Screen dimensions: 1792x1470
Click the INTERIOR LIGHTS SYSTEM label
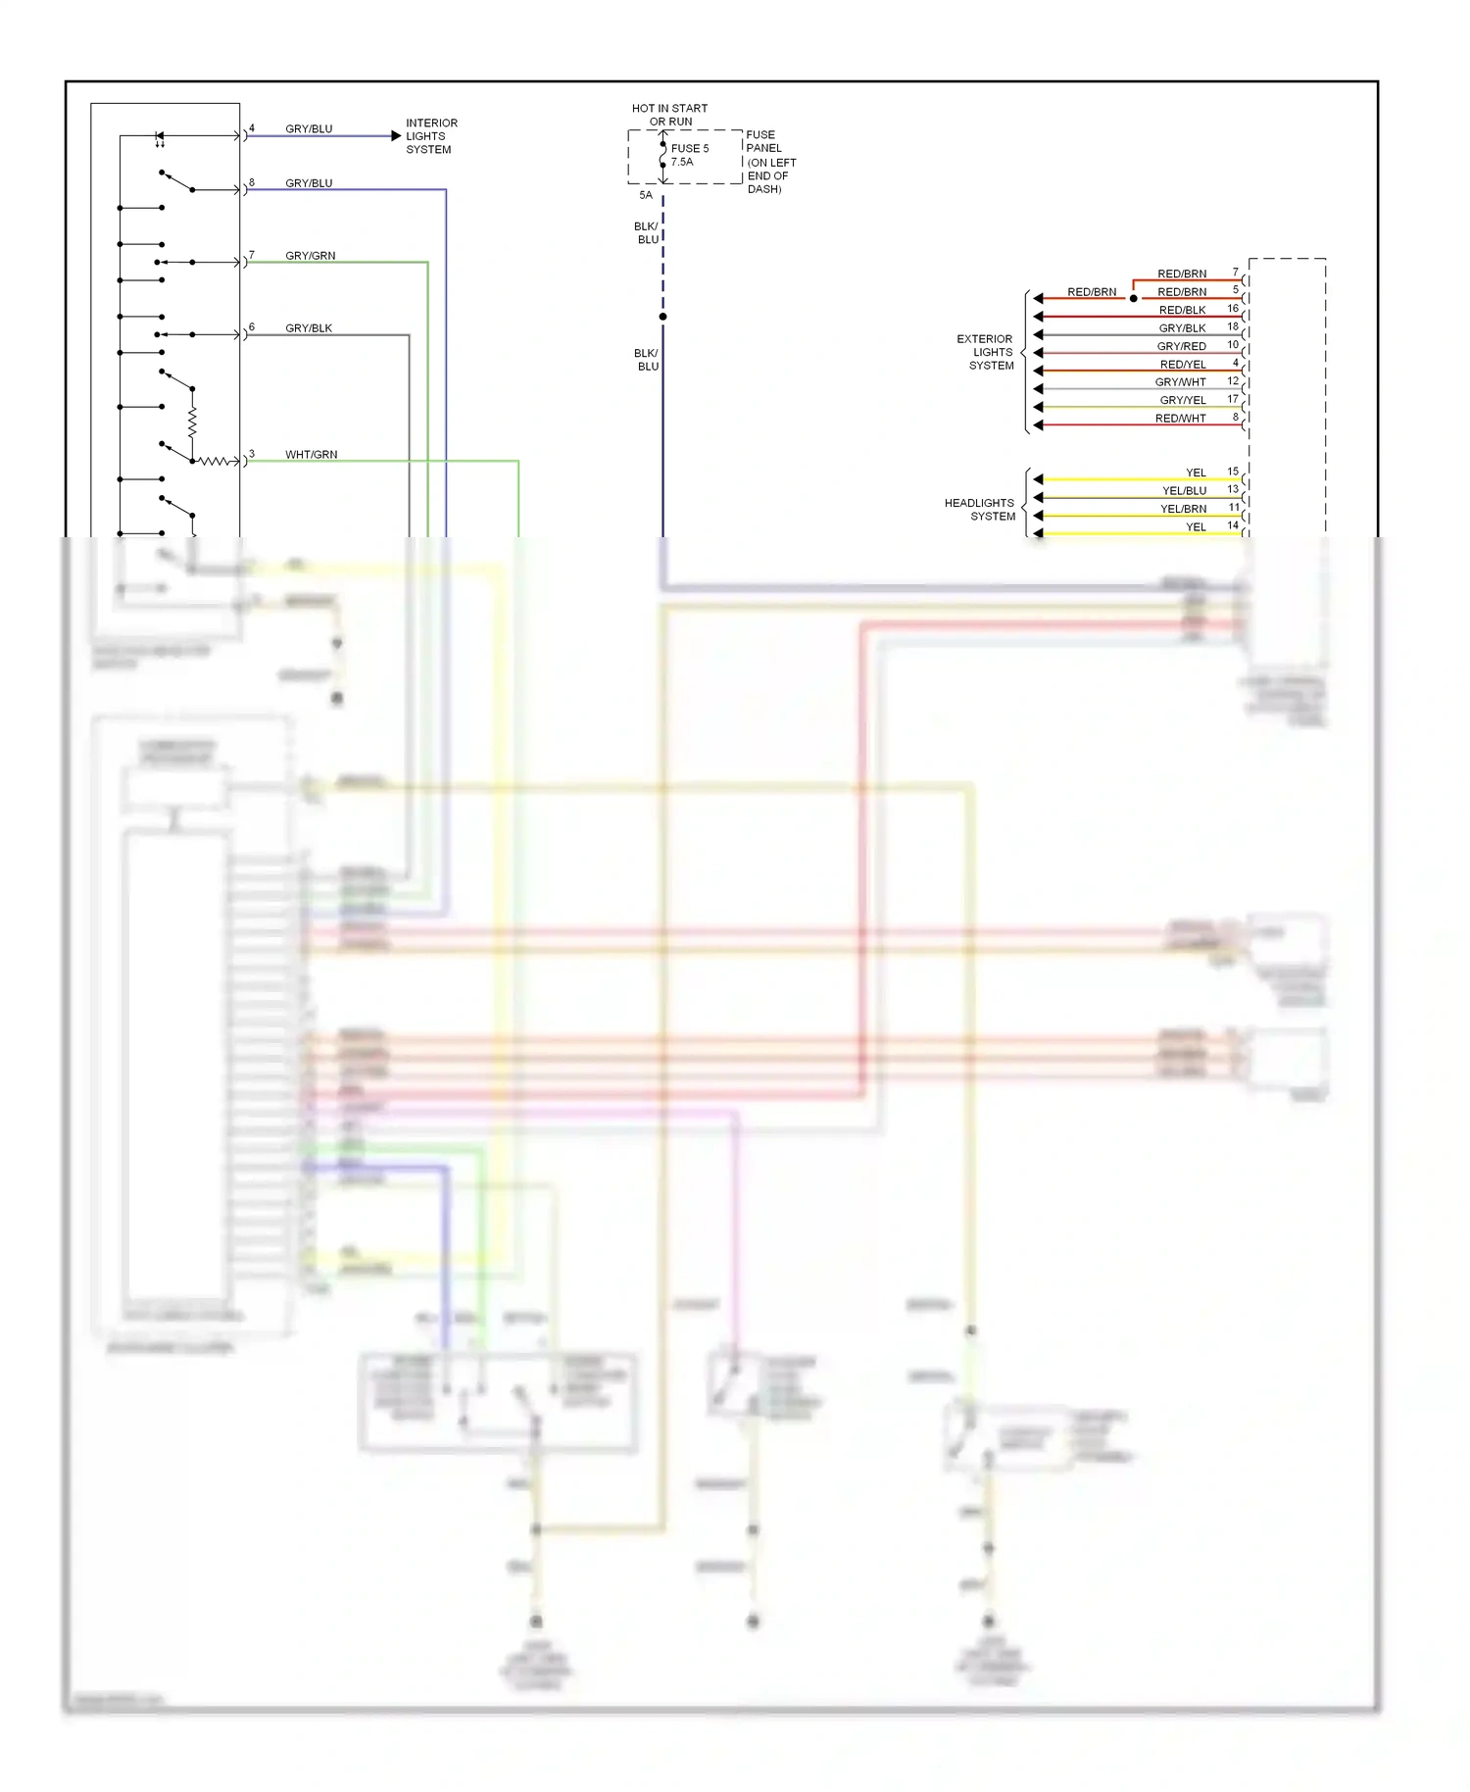tap(430, 136)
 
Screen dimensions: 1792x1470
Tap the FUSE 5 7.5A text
tap(689, 155)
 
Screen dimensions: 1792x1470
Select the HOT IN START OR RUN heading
tap(669, 115)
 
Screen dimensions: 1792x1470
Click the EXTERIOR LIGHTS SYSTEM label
tap(986, 352)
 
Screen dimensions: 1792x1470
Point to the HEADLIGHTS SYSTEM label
tap(980, 510)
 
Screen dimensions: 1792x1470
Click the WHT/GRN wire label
tap(311, 455)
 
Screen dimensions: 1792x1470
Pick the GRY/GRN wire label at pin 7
tap(310, 256)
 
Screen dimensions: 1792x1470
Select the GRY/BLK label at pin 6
tap(309, 328)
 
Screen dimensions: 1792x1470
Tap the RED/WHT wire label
tap(1180, 419)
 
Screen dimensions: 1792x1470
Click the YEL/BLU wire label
tap(1184, 491)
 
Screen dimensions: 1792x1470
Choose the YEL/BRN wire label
tap(1183, 509)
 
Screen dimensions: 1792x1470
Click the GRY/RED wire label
tap(1181, 346)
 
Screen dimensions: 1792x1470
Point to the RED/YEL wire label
tap(1183, 365)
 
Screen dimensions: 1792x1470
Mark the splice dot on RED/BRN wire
tap(1134, 298)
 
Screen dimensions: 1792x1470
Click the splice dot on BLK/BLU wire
tap(662, 317)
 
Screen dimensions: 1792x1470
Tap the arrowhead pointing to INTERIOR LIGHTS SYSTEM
tap(396, 136)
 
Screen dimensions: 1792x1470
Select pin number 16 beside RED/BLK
tap(1233, 309)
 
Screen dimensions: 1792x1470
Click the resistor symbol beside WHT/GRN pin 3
tap(215, 461)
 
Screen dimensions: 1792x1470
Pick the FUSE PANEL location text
tap(770, 162)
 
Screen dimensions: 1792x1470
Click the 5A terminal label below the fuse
tap(646, 195)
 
